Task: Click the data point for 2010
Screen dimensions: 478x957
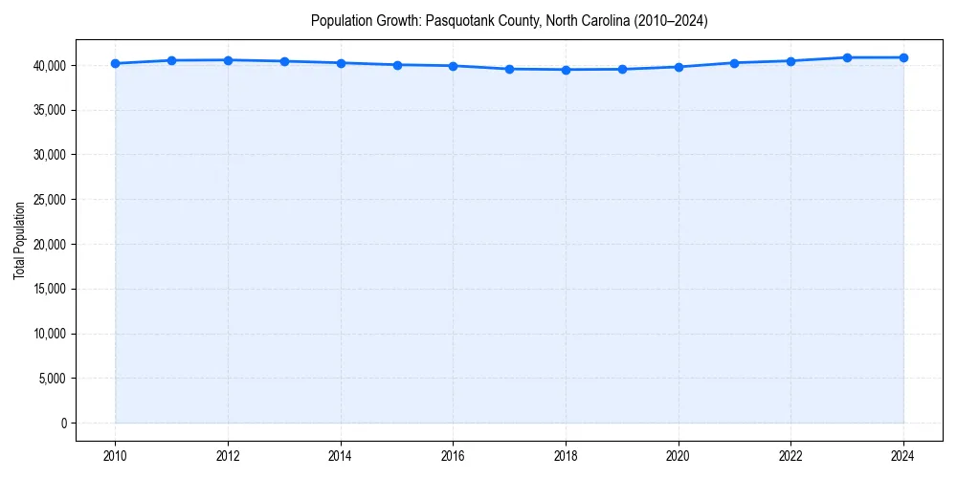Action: click(x=115, y=63)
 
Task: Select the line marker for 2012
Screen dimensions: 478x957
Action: click(x=228, y=60)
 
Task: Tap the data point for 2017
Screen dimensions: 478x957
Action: click(x=509, y=69)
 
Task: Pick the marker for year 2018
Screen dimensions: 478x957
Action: click(x=566, y=70)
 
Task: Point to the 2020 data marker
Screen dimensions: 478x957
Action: click(x=679, y=67)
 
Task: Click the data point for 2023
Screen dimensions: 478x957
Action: click(x=847, y=57)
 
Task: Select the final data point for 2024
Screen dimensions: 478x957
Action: click(x=903, y=57)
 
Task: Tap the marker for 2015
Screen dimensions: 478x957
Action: click(x=397, y=65)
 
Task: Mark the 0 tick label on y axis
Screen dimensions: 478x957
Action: click(x=63, y=424)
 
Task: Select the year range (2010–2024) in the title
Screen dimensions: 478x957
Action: click(x=662, y=20)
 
